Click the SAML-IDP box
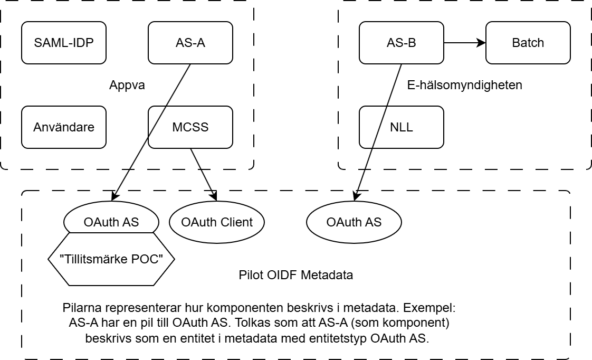tap(63, 43)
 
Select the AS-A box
tap(190, 43)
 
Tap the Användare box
tap(63, 127)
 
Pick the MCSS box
tap(190, 127)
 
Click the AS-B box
tap(401, 43)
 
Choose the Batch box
tap(528, 43)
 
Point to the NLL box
tap(401, 127)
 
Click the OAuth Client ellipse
tap(217, 222)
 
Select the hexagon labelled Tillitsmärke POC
tap(111, 259)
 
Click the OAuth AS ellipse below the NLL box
tap(354, 222)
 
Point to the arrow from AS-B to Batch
tap(464, 43)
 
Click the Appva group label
tap(127, 85)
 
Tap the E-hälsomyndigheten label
tap(465, 85)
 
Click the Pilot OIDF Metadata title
tap(295, 275)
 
